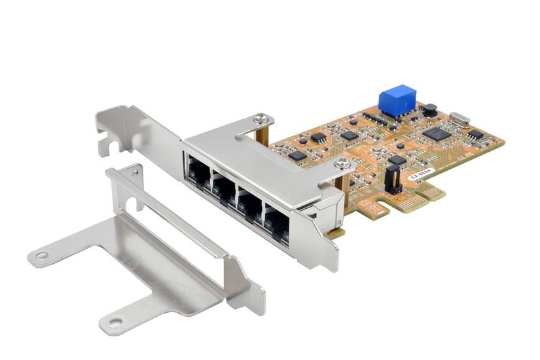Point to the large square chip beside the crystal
(437, 134)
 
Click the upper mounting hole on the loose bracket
(42, 256)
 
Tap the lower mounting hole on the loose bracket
(116, 321)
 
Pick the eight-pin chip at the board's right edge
(477, 134)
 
